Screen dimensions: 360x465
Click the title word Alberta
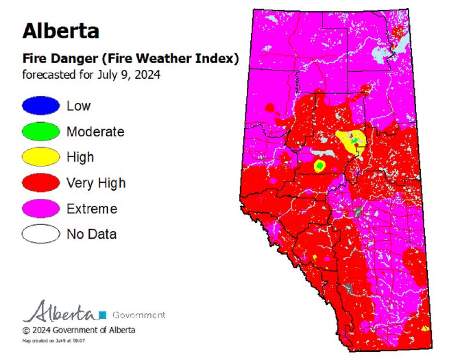pos(61,31)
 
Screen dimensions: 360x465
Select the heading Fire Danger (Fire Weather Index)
pos(130,59)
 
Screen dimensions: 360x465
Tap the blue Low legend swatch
pos(40,105)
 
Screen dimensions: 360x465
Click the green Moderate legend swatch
pos(40,131)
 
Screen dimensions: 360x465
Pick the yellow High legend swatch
pos(40,157)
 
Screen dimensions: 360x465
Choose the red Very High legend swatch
pos(40,183)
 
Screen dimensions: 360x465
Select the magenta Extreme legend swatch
pos(40,209)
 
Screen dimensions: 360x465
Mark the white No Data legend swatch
pos(40,234)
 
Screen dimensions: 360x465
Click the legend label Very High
pos(96,183)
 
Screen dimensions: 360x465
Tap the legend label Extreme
pos(92,209)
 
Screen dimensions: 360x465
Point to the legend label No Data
pos(91,234)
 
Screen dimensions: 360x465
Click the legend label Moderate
pos(95,131)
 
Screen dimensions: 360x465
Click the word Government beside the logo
pos(139,315)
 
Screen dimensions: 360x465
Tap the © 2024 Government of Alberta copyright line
pos(79,330)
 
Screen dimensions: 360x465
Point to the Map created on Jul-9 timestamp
pos(53,341)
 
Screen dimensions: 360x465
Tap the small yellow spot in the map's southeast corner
pos(425,328)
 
